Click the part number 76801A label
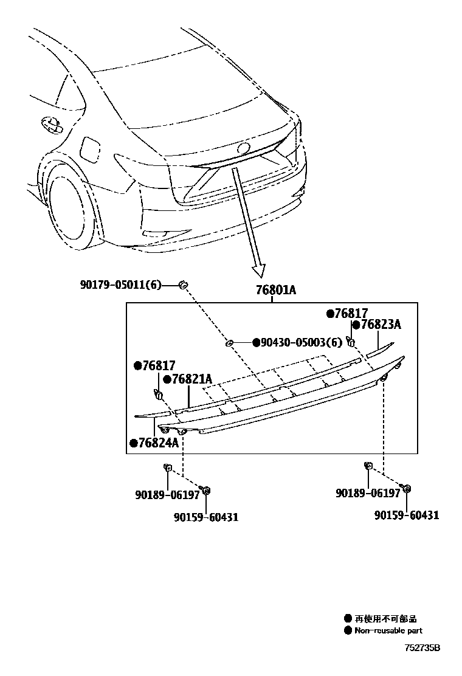(275, 290)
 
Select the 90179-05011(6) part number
(120, 284)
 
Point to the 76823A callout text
(381, 325)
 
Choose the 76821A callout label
(191, 379)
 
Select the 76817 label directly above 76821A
(158, 365)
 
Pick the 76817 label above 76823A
(351, 313)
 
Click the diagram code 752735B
(422, 647)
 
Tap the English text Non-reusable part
(388, 630)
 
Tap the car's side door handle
(52, 124)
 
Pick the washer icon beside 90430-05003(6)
(230, 343)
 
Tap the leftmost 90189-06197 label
(167, 494)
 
